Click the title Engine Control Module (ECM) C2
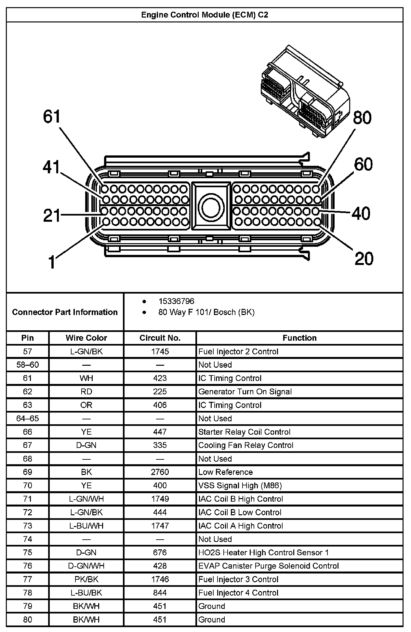[x=205, y=15]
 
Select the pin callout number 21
[x=52, y=216]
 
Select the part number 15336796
[x=176, y=301]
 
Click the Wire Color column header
[x=86, y=338]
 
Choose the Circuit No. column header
[x=160, y=338]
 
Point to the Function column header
[x=299, y=338]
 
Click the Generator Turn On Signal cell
[x=245, y=391]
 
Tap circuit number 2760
[x=160, y=472]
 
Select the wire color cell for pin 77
[x=86, y=579]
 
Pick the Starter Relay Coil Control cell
[x=244, y=432]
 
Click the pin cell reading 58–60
[x=28, y=365]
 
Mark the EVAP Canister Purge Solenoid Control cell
[x=269, y=566]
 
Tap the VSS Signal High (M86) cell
[x=240, y=485]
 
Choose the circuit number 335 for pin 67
[x=160, y=445]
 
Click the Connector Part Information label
[x=65, y=312]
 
